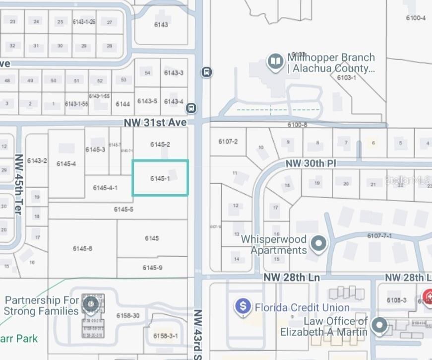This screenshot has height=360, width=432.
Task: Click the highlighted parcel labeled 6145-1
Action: pos(160,178)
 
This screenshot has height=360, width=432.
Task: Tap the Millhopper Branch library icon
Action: pos(275,62)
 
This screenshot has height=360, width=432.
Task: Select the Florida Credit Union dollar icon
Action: pos(243,306)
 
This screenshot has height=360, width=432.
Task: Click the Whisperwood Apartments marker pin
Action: pos(319,244)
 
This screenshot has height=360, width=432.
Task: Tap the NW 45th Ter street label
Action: pos(19,184)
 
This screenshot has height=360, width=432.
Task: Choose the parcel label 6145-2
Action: pos(160,144)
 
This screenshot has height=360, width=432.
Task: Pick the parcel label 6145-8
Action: pos(82,248)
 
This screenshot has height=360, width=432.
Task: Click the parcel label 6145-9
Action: pos(152,268)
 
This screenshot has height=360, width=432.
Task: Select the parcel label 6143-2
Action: pos(37,161)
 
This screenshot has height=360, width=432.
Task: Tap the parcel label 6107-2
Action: pos(228,142)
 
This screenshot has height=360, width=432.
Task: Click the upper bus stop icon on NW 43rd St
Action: pos(207,72)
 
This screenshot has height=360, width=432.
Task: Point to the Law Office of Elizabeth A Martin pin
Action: pos(379,325)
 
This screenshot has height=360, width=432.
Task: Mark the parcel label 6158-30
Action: pos(127,316)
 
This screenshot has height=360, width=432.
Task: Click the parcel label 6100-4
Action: pos(416,18)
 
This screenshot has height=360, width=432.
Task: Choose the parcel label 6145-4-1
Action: pos(105,188)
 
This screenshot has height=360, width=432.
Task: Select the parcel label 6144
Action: pos(123,104)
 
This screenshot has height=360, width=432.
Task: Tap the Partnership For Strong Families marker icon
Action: pos(90,303)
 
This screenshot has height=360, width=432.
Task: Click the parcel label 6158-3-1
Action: pos(166,336)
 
